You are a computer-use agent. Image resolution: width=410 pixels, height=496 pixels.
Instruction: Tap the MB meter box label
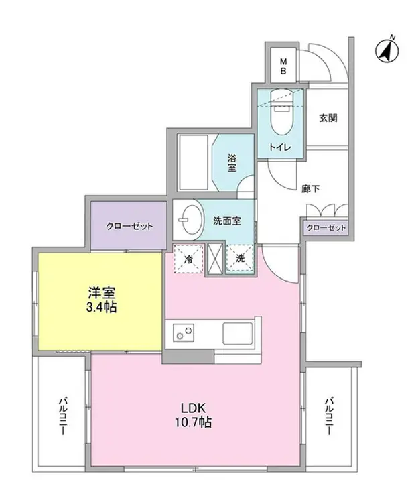(x=283, y=66)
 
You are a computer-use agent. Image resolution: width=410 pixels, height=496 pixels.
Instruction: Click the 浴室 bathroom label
(x=232, y=163)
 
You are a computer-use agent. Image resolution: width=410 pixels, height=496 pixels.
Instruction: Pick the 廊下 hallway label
(x=310, y=189)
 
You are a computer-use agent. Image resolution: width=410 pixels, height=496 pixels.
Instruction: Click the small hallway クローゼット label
(x=326, y=228)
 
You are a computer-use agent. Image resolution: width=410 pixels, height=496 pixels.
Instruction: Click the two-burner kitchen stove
(x=184, y=332)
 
